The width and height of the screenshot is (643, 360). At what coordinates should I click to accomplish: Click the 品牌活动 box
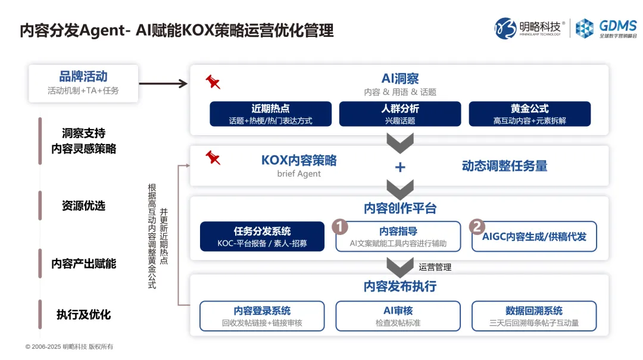tap(83, 83)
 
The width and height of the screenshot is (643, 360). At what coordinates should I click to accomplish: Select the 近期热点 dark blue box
tap(270, 114)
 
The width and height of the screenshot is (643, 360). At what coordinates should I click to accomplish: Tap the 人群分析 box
tap(399, 114)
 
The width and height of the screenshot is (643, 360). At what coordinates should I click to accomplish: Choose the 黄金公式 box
tap(529, 114)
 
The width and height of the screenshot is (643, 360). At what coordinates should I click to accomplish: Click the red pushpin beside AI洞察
tap(213, 82)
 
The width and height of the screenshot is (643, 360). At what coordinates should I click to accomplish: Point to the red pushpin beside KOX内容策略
tap(213, 158)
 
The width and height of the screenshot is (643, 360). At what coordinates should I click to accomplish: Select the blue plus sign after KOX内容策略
tap(400, 167)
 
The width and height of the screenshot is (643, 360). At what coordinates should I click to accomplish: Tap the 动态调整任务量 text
tap(504, 166)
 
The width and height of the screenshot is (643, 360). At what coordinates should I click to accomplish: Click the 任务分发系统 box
tap(262, 237)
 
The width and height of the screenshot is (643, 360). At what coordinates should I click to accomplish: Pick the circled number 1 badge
tap(339, 226)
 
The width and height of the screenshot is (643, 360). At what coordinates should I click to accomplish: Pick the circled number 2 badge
tap(476, 226)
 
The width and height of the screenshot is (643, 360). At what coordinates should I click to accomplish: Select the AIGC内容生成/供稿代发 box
tap(534, 237)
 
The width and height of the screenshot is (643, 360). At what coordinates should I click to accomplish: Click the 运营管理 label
tap(435, 267)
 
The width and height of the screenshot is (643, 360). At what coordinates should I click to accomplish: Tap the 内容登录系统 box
tap(262, 316)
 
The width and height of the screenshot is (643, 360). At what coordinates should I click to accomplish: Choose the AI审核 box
tap(398, 316)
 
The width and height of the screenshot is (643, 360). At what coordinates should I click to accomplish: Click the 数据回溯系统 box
tap(533, 316)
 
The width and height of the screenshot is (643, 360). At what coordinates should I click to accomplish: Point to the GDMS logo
tap(606, 28)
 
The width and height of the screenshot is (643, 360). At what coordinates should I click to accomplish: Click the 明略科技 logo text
tap(539, 27)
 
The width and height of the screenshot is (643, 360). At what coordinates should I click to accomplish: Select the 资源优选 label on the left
tap(83, 205)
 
